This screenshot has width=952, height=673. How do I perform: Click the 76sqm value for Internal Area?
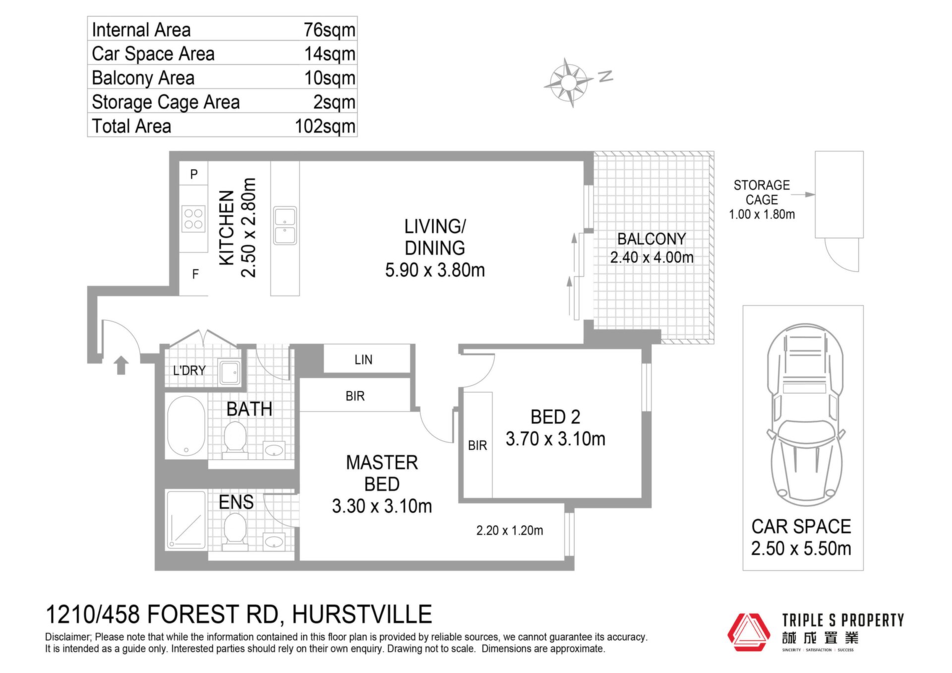tap(329, 30)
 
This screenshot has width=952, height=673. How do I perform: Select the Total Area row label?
tap(131, 126)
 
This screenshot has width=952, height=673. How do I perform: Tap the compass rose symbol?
tap(569, 82)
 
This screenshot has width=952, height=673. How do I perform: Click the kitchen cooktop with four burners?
tap(193, 219)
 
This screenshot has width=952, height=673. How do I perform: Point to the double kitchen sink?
tap(285, 226)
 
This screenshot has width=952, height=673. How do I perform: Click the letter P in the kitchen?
tap(194, 174)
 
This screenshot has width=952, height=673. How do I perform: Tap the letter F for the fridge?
tap(195, 274)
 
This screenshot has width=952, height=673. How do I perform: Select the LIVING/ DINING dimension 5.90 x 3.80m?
tap(435, 270)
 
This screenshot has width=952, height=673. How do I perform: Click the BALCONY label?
tap(652, 239)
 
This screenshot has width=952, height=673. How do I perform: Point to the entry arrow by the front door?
tap(121, 365)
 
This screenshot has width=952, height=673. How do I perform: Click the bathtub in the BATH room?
tap(186, 426)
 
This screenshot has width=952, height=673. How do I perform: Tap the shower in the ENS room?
tap(186, 520)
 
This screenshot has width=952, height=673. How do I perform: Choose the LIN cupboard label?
tap(363, 360)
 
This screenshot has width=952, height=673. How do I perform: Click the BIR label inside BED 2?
tap(477, 445)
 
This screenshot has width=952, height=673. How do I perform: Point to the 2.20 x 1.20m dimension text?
tap(510, 531)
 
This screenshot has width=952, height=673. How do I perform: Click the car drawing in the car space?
tap(806, 414)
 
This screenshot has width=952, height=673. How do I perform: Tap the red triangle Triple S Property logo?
tap(749, 632)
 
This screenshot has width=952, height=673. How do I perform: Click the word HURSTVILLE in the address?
tap(362, 614)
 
